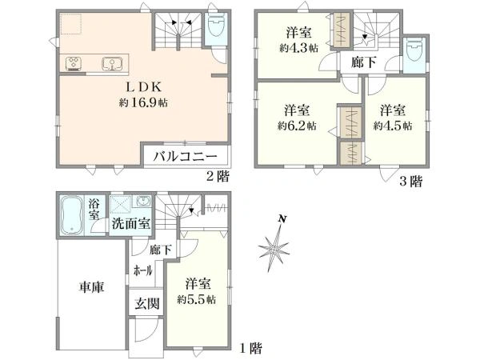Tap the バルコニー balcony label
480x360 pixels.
pyautogui.click(x=186, y=156)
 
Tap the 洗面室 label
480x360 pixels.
pyautogui.click(x=130, y=223)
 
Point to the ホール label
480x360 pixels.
pyautogui.click(x=143, y=270)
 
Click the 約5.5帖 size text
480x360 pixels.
pyautogui.click(x=199, y=300)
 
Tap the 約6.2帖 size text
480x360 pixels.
pyautogui.click(x=296, y=126)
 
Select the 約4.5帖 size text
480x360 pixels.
pyautogui.click(x=393, y=126)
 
